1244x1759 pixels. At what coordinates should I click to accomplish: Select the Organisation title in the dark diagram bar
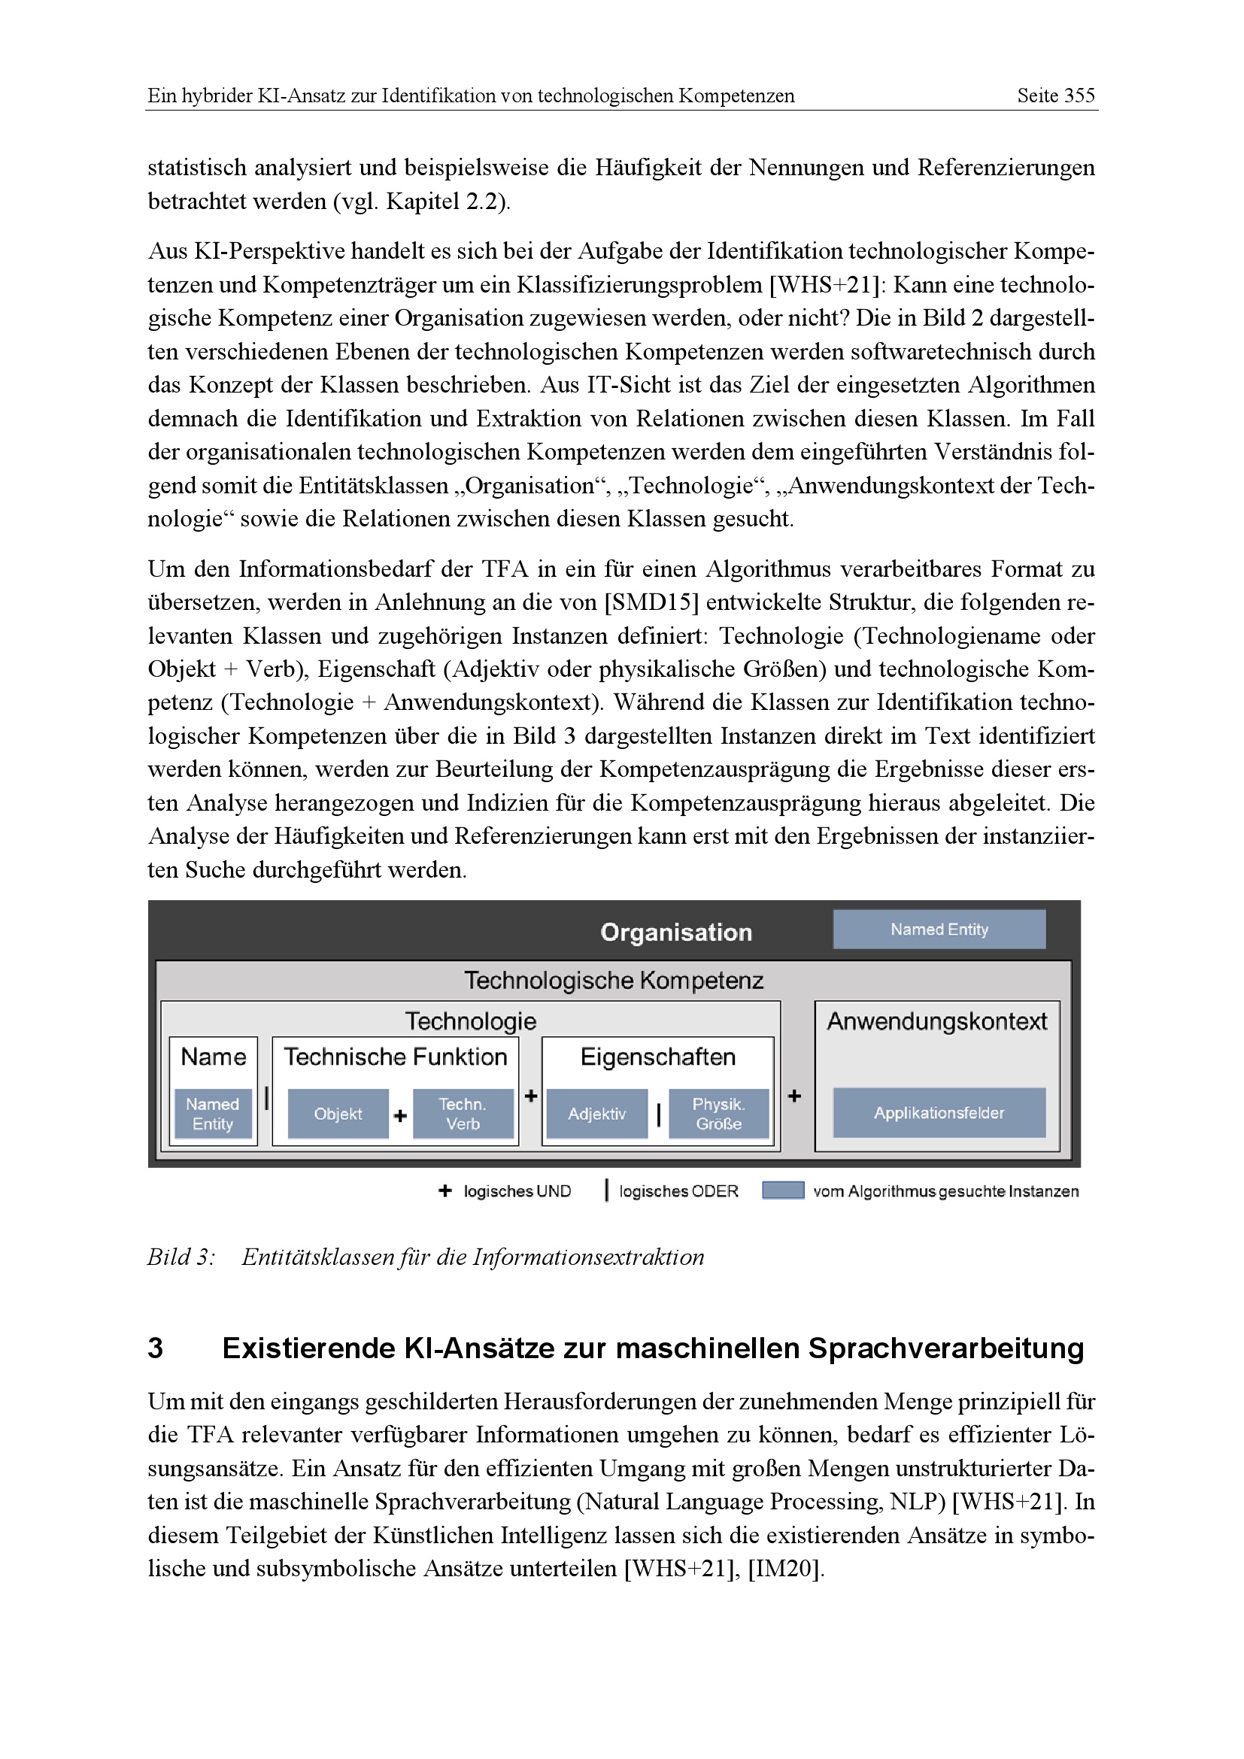675,933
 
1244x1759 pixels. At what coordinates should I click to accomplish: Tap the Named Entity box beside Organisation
939,930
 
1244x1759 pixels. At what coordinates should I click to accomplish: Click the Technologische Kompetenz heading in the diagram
614,981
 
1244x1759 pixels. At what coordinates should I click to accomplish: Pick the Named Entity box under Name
213,1114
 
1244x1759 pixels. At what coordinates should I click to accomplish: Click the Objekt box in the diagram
338,1114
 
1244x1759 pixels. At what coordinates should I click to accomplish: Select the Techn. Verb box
463,1114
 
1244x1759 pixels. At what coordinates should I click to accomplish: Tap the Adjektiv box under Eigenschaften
596,1114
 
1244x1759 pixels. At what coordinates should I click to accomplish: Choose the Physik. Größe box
718,1114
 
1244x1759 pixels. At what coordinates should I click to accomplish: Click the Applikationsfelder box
939,1113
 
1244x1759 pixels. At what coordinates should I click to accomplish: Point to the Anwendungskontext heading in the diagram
937,1021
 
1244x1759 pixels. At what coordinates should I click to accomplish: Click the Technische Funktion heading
396,1057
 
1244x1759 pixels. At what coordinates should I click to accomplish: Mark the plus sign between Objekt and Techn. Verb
400,1116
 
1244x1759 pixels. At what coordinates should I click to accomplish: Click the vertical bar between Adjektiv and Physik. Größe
659,1115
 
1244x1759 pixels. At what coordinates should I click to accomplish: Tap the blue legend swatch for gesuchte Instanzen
783,1190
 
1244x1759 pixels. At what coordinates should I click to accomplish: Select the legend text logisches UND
517,1191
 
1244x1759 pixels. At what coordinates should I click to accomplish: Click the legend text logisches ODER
678,1191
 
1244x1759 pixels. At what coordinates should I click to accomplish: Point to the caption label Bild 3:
181,1257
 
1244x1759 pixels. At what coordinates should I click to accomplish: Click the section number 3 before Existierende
156,1348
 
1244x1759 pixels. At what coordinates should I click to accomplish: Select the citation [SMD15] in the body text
652,603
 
